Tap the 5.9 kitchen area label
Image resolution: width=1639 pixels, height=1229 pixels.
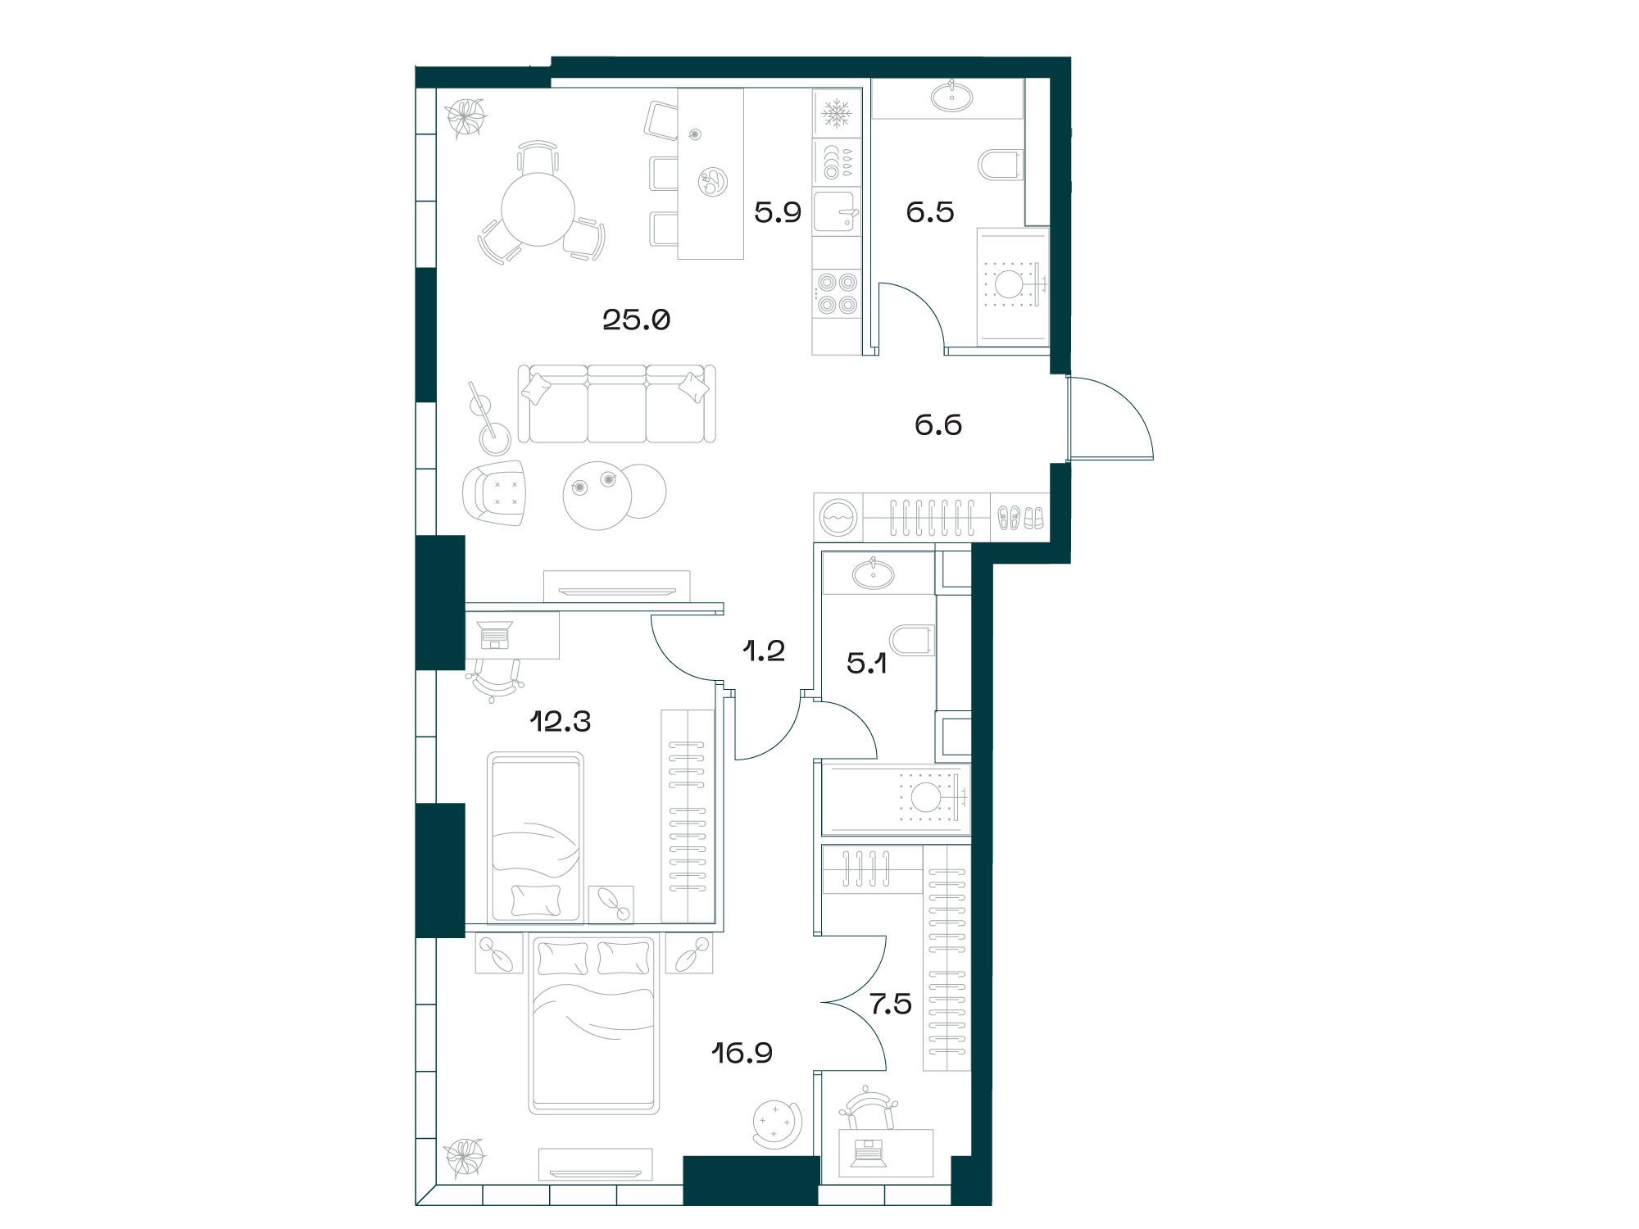coord(778,213)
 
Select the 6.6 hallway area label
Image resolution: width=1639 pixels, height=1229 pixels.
coord(938,425)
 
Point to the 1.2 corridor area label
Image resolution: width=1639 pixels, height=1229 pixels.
coord(765,651)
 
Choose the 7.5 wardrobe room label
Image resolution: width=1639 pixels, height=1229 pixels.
coord(891,1004)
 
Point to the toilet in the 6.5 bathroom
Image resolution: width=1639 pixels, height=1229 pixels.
coord(1001,165)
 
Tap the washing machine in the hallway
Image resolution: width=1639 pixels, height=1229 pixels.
coord(838,517)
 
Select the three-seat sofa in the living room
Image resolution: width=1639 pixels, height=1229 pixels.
coord(616,404)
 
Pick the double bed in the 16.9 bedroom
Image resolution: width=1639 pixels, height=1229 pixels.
coord(596,1025)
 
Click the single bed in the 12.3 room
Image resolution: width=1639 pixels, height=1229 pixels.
coord(536,837)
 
